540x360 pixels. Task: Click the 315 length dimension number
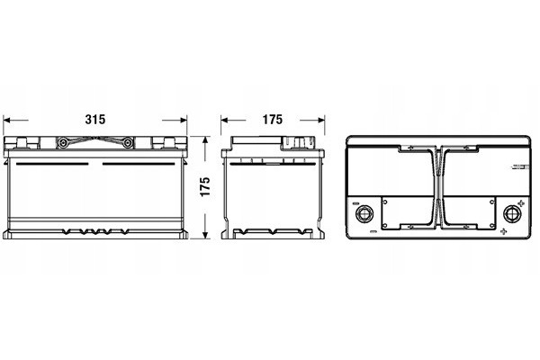(95, 120)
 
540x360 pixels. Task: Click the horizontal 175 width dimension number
(273, 120)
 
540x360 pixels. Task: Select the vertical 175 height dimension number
(205, 186)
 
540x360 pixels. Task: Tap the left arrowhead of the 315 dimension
(5, 121)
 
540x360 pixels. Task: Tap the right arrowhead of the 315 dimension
(184, 121)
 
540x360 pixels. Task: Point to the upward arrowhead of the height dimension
(205, 139)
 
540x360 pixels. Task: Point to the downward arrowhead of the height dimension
(205, 235)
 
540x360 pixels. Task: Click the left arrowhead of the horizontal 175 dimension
(224, 121)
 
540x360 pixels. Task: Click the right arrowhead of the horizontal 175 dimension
(321, 121)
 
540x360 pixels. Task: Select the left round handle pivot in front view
(63, 142)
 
